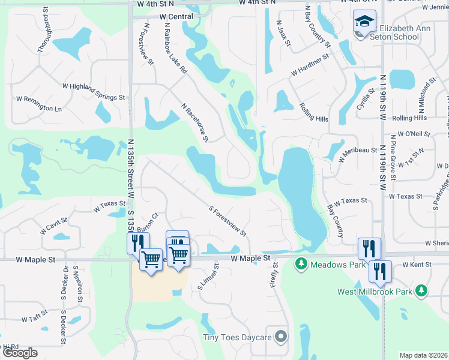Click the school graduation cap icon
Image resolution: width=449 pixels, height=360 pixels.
coord(364,22)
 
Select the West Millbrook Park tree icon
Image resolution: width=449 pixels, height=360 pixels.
coord(422,291)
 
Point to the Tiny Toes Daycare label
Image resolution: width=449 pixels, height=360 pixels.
coord(237,338)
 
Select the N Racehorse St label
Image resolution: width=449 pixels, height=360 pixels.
coord(195,122)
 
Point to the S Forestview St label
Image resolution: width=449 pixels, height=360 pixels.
coord(228,221)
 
